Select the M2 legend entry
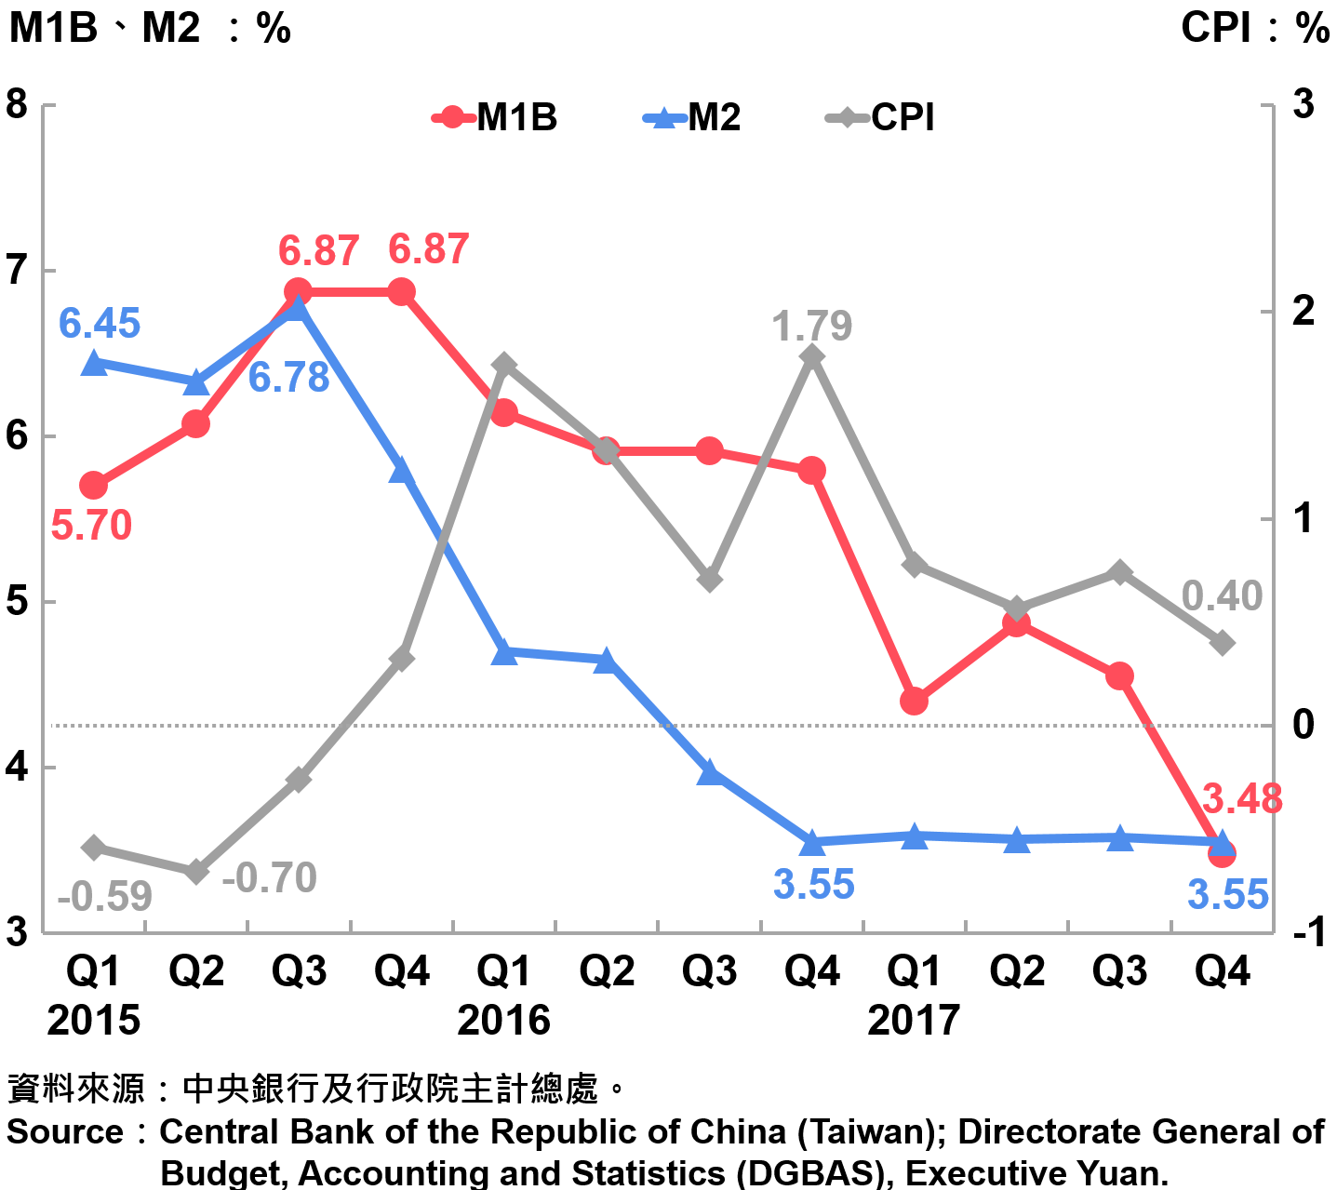coord(692,118)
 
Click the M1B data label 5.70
coord(91,526)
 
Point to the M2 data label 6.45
coord(100,324)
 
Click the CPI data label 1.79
coord(811,327)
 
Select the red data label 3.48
coord(1242,799)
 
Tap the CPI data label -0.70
coord(270,878)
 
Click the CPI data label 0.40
coord(1222,596)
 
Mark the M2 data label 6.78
coord(288,378)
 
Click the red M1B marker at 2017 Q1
coord(914,701)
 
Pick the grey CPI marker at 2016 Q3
coord(710,580)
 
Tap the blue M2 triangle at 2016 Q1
coord(504,652)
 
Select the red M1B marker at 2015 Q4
coord(401,292)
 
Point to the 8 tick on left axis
coord(17,104)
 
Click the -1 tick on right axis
coord(1306,931)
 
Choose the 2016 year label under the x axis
coord(503,1021)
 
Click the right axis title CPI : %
coord(1255,28)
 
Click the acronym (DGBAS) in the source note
coord(809,1172)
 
